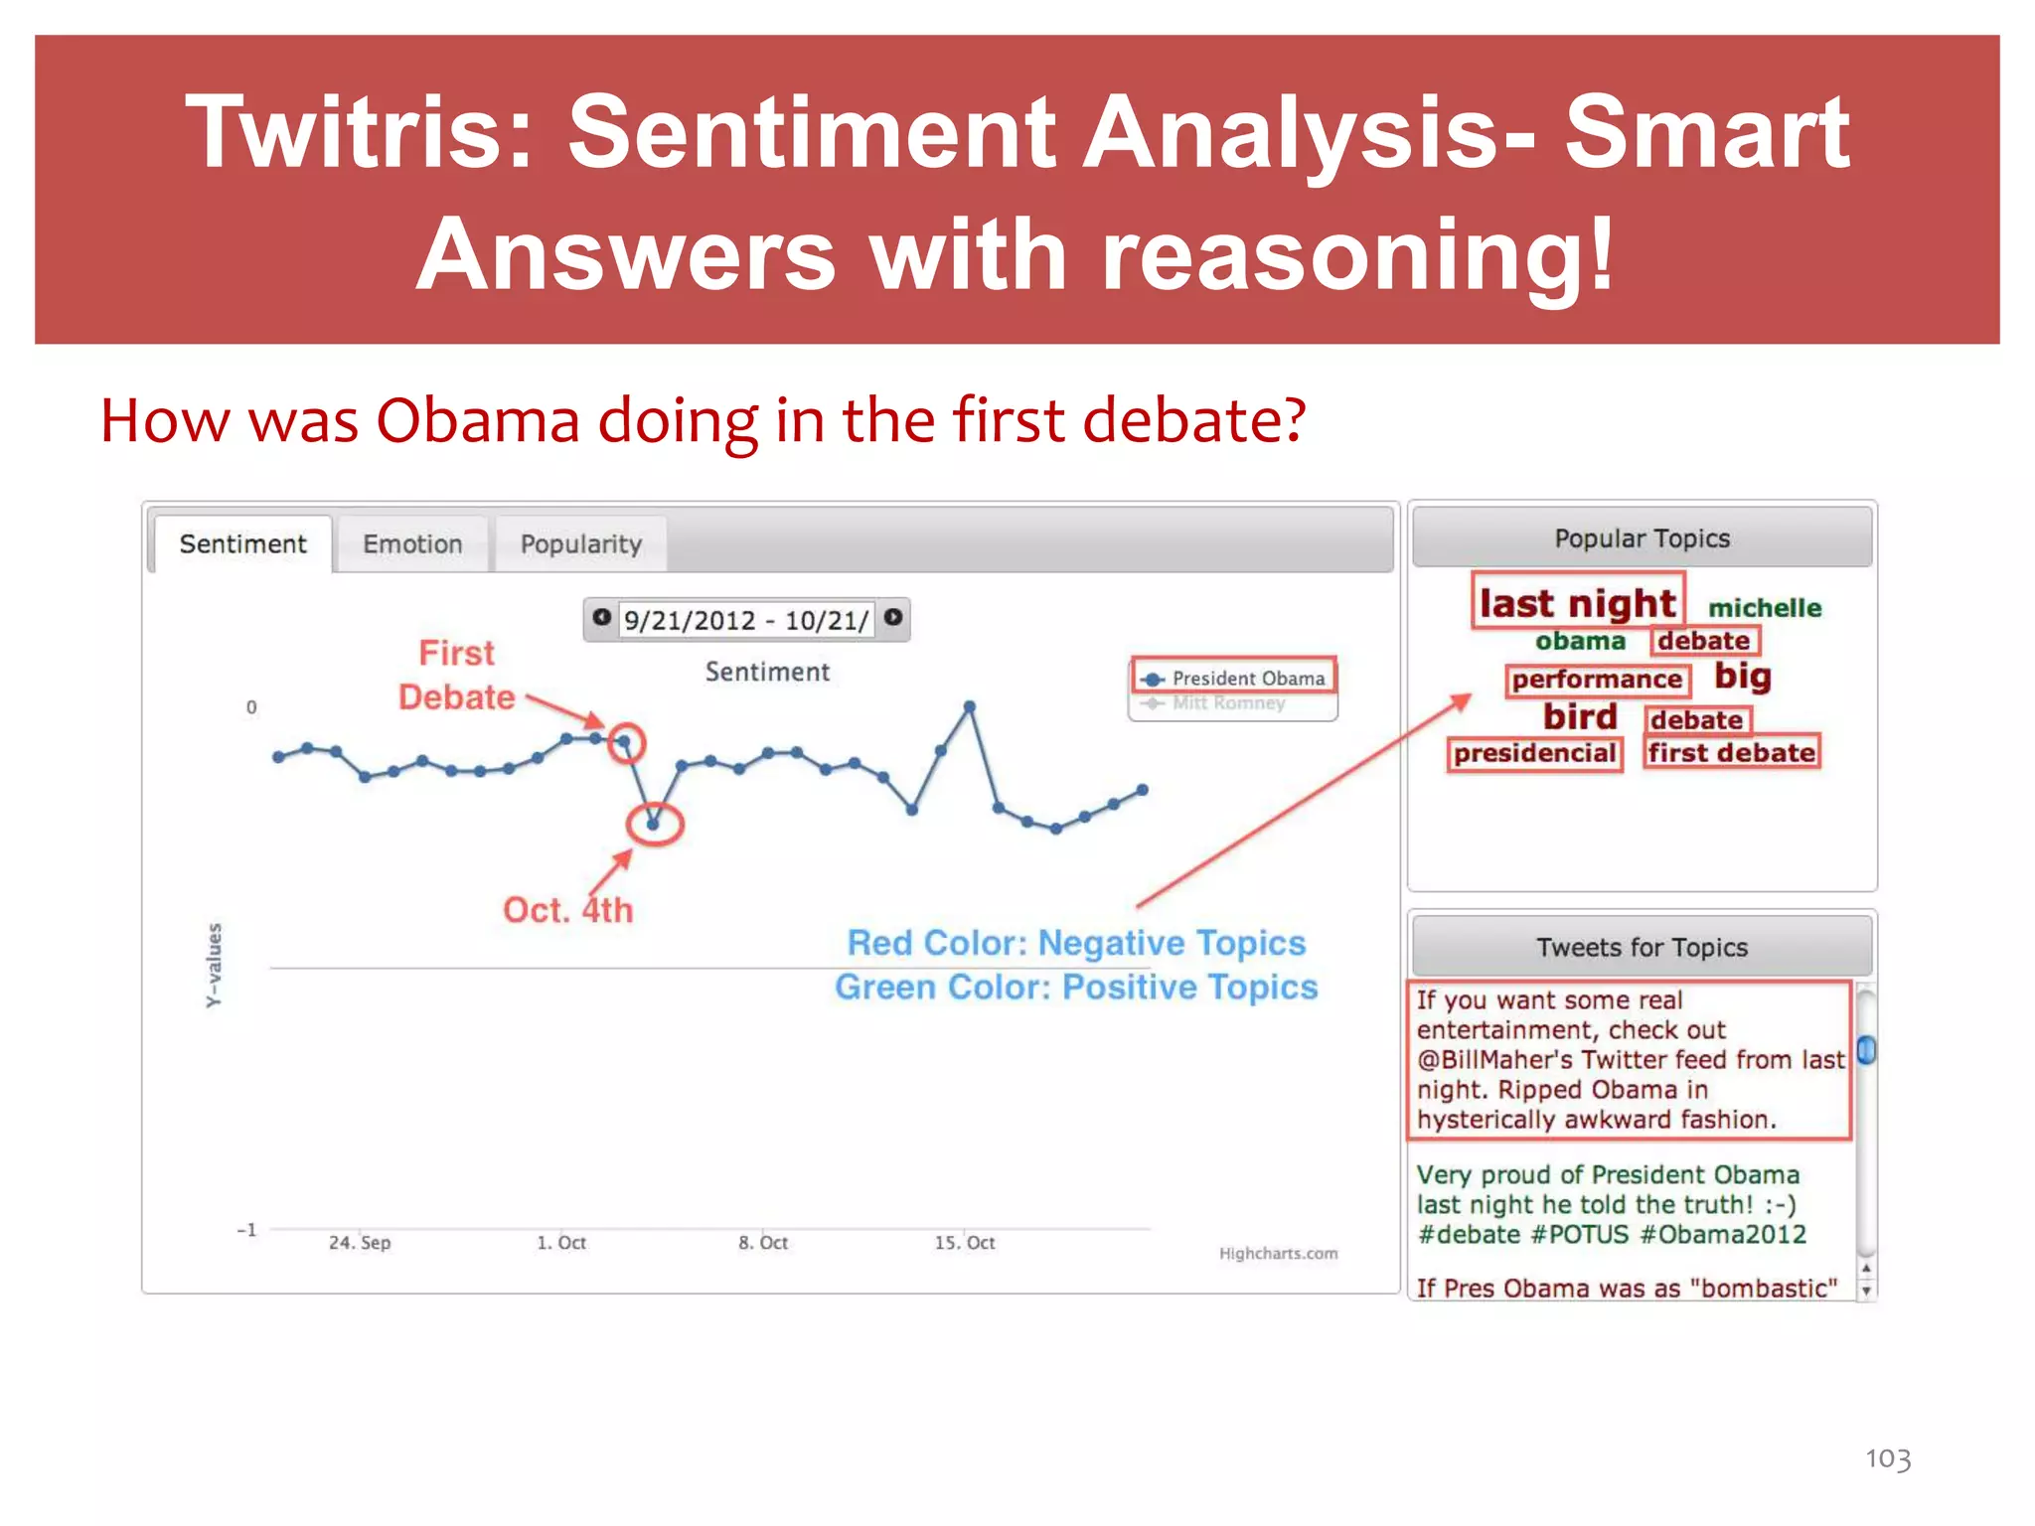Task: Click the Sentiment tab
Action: click(242, 544)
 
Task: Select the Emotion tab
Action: click(412, 544)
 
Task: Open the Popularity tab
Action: click(581, 544)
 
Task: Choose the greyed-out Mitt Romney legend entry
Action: click(1228, 703)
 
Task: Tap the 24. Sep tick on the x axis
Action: click(360, 1243)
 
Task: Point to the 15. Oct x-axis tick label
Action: click(964, 1243)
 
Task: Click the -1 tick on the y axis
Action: click(246, 1230)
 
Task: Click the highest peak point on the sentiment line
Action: click(970, 706)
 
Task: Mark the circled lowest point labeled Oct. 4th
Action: click(654, 824)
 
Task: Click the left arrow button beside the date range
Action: click(601, 618)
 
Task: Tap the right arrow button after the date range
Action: click(893, 618)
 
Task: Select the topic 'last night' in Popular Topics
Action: click(1577, 603)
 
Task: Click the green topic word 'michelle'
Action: click(1765, 608)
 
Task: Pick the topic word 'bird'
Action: click(1580, 717)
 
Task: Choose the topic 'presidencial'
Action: click(1534, 753)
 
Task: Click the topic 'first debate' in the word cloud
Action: click(1731, 753)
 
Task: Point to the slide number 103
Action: click(1888, 1458)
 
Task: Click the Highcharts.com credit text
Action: click(1278, 1254)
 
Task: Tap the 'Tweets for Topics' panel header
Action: click(1642, 948)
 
